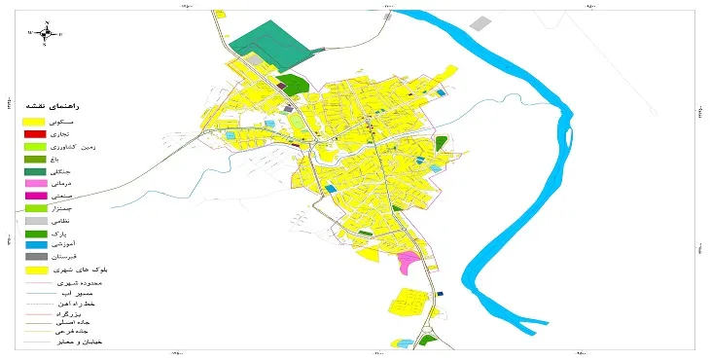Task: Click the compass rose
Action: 46,33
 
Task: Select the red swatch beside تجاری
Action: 34,133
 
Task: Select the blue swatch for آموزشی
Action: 34,246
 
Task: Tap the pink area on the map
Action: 409,262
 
